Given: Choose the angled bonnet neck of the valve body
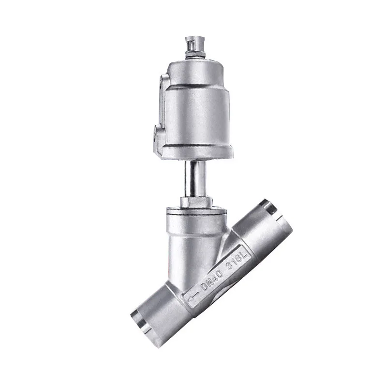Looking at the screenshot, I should pyautogui.click(x=184, y=242).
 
